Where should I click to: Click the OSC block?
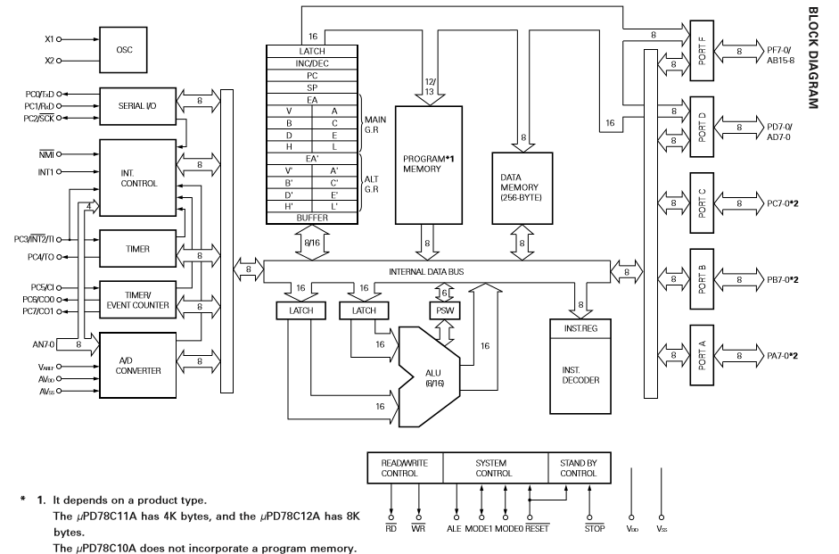point(124,50)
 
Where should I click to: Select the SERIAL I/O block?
point(137,106)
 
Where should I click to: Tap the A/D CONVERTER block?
point(137,365)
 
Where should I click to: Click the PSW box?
point(445,310)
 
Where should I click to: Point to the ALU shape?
point(429,376)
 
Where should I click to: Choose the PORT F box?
point(702,51)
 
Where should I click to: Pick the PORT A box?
point(702,355)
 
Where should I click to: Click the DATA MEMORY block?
point(522,188)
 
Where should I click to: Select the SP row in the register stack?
point(312,87)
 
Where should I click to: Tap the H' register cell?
point(289,206)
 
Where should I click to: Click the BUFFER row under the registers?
point(312,219)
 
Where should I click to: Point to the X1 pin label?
point(49,39)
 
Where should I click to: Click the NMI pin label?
point(46,154)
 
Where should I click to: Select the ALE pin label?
point(454,528)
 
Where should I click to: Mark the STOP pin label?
point(595,528)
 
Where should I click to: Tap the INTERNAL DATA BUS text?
point(426,272)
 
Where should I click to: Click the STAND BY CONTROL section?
point(579,467)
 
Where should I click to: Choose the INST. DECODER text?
point(580,376)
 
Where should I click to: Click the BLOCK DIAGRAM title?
point(813,58)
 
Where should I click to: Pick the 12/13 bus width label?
point(430,87)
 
